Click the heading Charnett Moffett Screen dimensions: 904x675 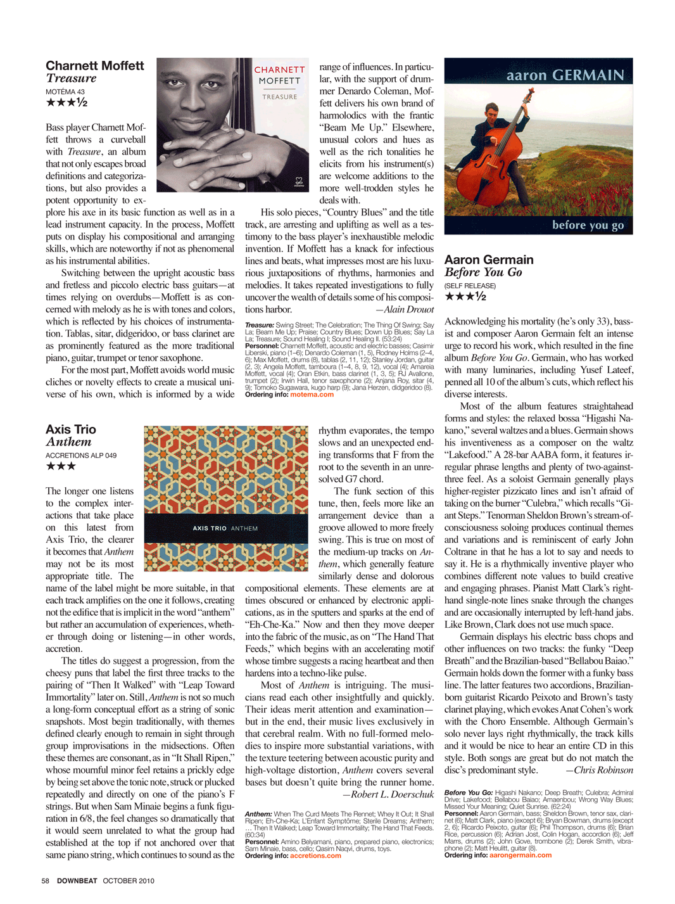95,66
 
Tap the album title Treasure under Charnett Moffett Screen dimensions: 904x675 71,79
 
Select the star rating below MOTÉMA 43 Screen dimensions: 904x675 66,103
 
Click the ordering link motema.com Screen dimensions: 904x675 312,395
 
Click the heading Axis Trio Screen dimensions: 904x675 71,430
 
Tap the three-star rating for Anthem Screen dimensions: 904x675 61,466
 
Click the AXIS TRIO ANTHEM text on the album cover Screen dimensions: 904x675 225,528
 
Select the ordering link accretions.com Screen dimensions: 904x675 315,856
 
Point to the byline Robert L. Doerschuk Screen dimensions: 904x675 388,794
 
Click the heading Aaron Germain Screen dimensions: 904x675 489,260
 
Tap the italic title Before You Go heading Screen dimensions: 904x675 483,272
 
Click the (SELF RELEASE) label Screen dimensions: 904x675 470,286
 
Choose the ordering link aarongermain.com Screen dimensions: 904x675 520,855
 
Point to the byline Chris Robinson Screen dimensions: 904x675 599,770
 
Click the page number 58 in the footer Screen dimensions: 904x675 46,881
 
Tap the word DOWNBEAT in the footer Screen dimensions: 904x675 77,881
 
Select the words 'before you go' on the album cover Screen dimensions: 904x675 588,225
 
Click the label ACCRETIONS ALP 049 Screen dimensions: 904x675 81,455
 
